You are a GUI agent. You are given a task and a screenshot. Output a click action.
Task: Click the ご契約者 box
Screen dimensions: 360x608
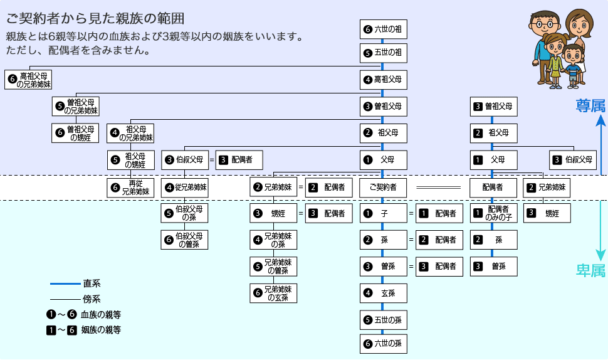[383, 187]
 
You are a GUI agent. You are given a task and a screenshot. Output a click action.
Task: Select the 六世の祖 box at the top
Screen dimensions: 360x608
[383, 29]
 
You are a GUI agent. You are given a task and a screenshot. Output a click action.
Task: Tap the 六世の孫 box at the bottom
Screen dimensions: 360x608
[383, 343]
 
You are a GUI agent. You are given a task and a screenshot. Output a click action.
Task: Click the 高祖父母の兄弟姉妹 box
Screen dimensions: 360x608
[28, 80]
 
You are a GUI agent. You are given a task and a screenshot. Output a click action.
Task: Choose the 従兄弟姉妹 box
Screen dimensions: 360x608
[184, 187]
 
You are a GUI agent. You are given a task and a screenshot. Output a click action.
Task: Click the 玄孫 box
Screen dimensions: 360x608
[383, 292]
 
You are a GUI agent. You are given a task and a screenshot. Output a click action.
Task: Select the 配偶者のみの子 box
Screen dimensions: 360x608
[494, 213]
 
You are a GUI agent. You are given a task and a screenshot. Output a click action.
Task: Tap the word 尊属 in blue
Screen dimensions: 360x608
[590, 105]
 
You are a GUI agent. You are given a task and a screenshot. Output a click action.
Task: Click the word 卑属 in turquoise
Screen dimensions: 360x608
[590, 270]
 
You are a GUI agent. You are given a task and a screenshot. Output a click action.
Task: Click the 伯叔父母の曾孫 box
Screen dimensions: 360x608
[184, 240]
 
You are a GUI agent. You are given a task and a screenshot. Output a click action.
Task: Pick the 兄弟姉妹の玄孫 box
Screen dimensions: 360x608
[273, 293]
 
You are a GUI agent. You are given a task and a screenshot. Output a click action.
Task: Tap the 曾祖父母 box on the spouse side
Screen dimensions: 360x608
[494, 107]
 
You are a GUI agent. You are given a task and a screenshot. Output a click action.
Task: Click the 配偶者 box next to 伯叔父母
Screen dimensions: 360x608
[239, 160]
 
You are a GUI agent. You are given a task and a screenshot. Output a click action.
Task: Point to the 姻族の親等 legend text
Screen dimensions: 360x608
[100, 329]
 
